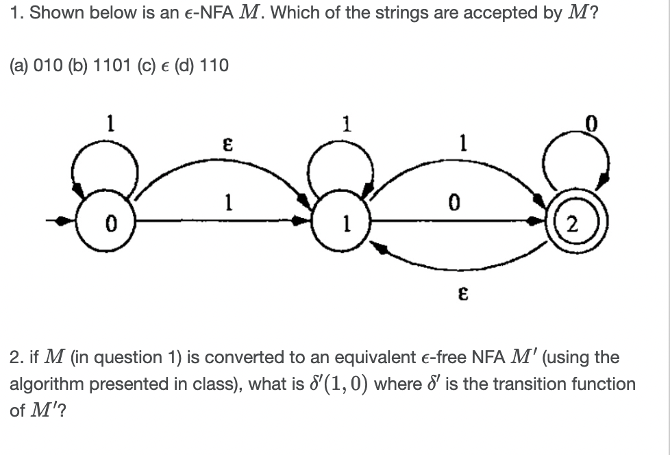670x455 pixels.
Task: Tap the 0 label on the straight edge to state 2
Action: pos(451,204)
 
